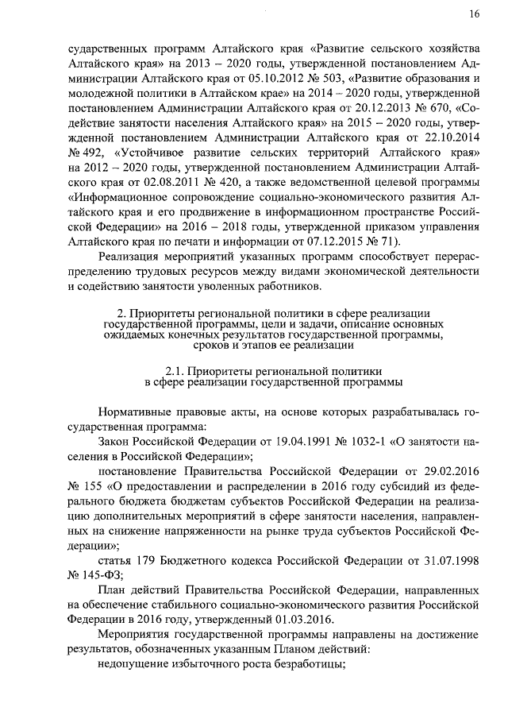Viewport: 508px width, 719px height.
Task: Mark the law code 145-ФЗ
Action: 98,578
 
